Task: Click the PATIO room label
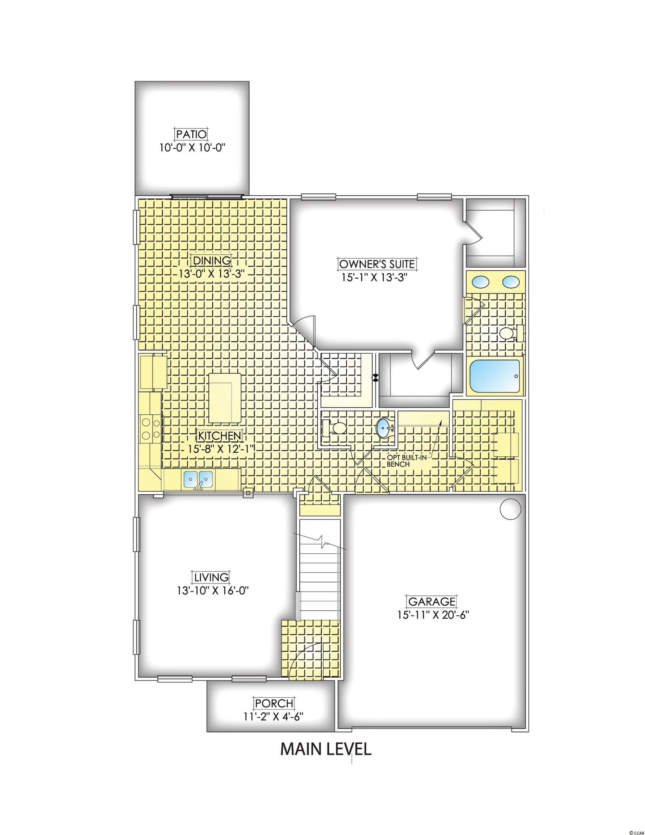click(x=191, y=134)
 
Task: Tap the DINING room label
click(x=212, y=260)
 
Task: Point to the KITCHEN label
click(x=220, y=435)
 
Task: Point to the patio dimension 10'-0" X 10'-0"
click(x=191, y=148)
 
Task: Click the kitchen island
click(x=225, y=398)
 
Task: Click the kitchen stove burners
click(x=151, y=429)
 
